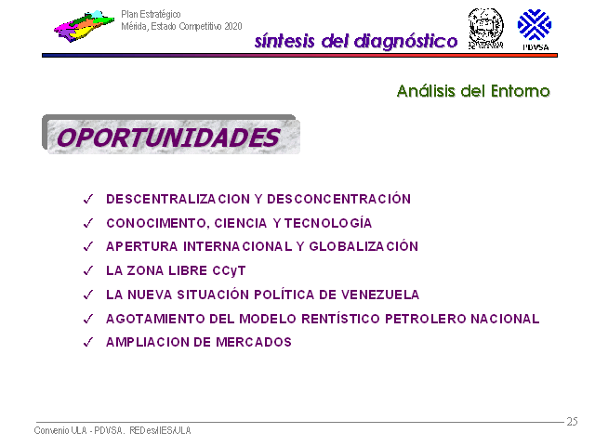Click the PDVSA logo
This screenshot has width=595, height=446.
[x=535, y=30]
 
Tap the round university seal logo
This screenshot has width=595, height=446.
[x=485, y=29]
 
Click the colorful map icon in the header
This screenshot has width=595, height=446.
[x=85, y=26]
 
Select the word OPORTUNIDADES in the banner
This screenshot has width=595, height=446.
[x=168, y=138]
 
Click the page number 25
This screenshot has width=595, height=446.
[x=573, y=421]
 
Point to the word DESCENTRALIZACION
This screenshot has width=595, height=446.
[x=178, y=199]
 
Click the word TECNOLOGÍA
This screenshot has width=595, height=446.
[x=328, y=223]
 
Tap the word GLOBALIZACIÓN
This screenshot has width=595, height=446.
[x=364, y=246]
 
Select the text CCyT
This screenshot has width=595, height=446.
[x=230, y=270]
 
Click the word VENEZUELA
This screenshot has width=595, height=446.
[x=380, y=295]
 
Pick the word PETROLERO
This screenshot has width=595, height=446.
[x=426, y=319]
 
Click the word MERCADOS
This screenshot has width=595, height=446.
[x=254, y=343]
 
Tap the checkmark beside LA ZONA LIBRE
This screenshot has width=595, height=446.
[x=88, y=270]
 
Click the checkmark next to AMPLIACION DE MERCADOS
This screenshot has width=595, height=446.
[x=88, y=342]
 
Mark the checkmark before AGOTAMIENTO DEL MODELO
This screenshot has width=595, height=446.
[x=88, y=319]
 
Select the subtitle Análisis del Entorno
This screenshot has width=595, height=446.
[x=473, y=91]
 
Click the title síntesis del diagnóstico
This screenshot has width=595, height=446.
[x=356, y=41]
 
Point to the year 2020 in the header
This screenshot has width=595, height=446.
[x=233, y=26]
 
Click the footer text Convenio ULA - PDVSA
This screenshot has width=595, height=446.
[x=79, y=430]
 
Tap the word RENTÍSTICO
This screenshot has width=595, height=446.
[x=341, y=319]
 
